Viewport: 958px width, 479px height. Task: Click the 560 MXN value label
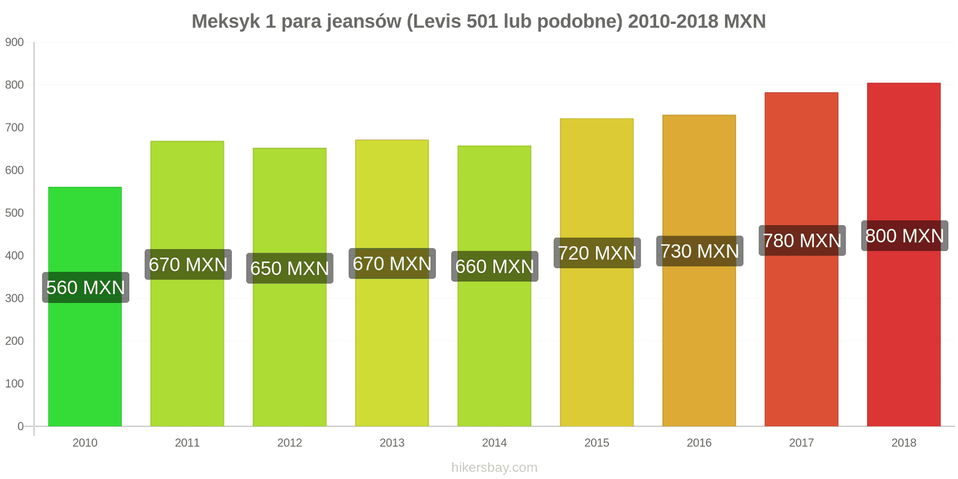[86, 287]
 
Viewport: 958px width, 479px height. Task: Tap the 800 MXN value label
[904, 236]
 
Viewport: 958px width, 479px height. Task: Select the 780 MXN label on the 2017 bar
[802, 241]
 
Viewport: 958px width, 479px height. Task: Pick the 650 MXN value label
[290, 268]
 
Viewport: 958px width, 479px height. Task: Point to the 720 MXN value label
[597, 253]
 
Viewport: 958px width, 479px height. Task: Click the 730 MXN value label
[699, 251]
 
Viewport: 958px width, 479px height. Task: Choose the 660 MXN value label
[495, 266]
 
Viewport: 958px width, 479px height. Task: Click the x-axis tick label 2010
[85, 443]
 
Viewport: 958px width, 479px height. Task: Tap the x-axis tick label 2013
[392, 443]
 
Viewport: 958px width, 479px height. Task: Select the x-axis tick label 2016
[699, 443]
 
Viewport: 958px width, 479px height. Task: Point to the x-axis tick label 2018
[904, 443]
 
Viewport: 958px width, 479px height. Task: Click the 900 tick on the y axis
[14, 43]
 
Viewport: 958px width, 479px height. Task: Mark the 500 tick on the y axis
[14, 213]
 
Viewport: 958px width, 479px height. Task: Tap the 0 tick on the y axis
[20, 426]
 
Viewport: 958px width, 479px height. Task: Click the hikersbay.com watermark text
[495, 468]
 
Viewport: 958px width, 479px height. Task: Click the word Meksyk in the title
[226, 22]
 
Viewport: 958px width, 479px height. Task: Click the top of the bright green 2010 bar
[85, 188]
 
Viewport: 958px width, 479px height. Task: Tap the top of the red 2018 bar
[904, 84]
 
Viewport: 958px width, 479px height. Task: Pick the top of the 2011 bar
[187, 142]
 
